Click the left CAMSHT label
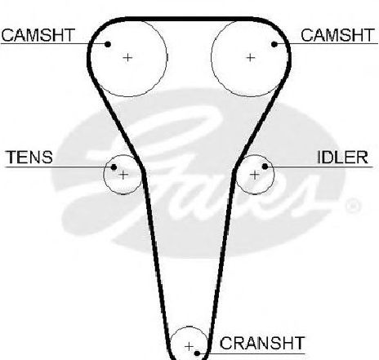click(x=38, y=35)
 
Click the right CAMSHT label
click(x=337, y=35)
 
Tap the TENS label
click(x=29, y=157)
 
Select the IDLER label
click(x=342, y=157)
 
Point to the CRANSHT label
click(x=262, y=343)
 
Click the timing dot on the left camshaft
click(x=108, y=44)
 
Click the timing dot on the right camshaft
click(x=274, y=44)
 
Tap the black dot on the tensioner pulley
click(x=114, y=167)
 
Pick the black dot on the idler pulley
click(x=265, y=167)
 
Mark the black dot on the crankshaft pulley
click(x=197, y=353)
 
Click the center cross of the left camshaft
click(x=127, y=57)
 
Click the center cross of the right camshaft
click(x=251, y=57)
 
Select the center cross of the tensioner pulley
click(x=123, y=175)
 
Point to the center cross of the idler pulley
click(x=255, y=175)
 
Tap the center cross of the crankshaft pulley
click(x=189, y=346)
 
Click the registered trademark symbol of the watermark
click(x=353, y=207)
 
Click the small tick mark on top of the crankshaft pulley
click(x=189, y=327)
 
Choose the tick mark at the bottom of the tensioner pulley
click(x=123, y=194)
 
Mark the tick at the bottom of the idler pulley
click(x=255, y=194)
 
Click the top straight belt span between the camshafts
click(x=189, y=19)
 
